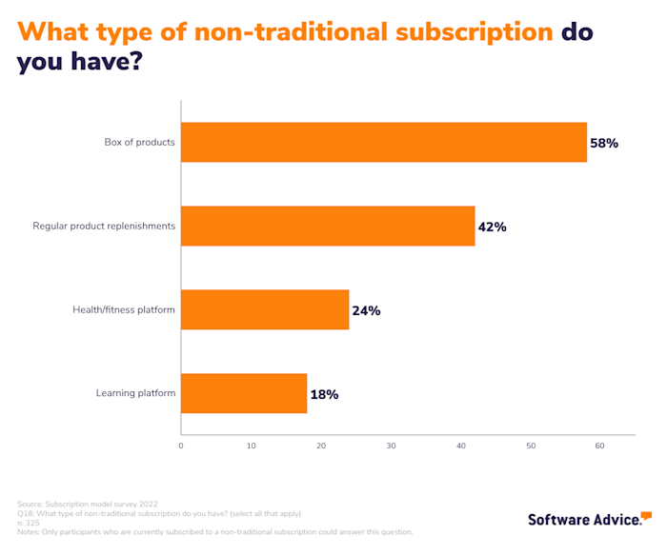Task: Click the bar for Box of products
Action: coord(383,143)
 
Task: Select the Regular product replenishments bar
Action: coord(328,227)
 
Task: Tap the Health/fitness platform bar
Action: coord(265,310)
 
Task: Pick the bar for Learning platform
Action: coord(244,393)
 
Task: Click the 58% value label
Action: coord(604,144)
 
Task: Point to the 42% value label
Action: coord(492,228)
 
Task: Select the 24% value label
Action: coord(366,310)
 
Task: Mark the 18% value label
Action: coord(324,394)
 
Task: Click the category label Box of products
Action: coord(139,143)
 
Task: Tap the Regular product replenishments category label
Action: coord(104,227)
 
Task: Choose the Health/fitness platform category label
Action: coord(124,310)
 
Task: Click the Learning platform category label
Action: coord(135,393)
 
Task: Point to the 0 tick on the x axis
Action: coord(181,446)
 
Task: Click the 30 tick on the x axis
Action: coord(391,446)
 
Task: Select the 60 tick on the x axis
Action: coord(600,446)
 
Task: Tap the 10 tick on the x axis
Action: coord(251,446)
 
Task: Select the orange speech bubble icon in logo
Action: coord(646,515)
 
